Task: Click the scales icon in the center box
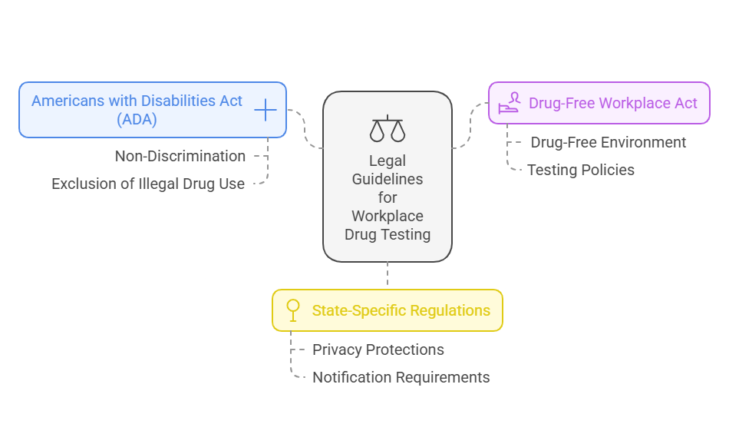[x=387, y=129]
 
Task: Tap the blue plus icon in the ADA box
[x=265, y=110]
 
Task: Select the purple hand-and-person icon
[x=510, y=103]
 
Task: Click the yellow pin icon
[x=292, y=310]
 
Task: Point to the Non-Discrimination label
[x=180, y=156]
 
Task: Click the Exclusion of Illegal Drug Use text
[x=148, y=184]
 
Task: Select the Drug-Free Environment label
[x=609, y=142]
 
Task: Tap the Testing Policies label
[x=581, y=170]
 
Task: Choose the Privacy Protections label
[x=378, y=349]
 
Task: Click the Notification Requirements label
[x=401, y=377]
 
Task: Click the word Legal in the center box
[x=388, y=161]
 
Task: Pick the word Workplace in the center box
[x=388, y=216]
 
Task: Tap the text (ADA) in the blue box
[x=137, y=119]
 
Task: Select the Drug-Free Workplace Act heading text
[x=613, y=103]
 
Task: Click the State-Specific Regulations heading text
[x=401, y=310]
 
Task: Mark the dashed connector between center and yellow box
[x=388, y=275]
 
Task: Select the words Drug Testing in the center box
[x=388, y=234]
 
